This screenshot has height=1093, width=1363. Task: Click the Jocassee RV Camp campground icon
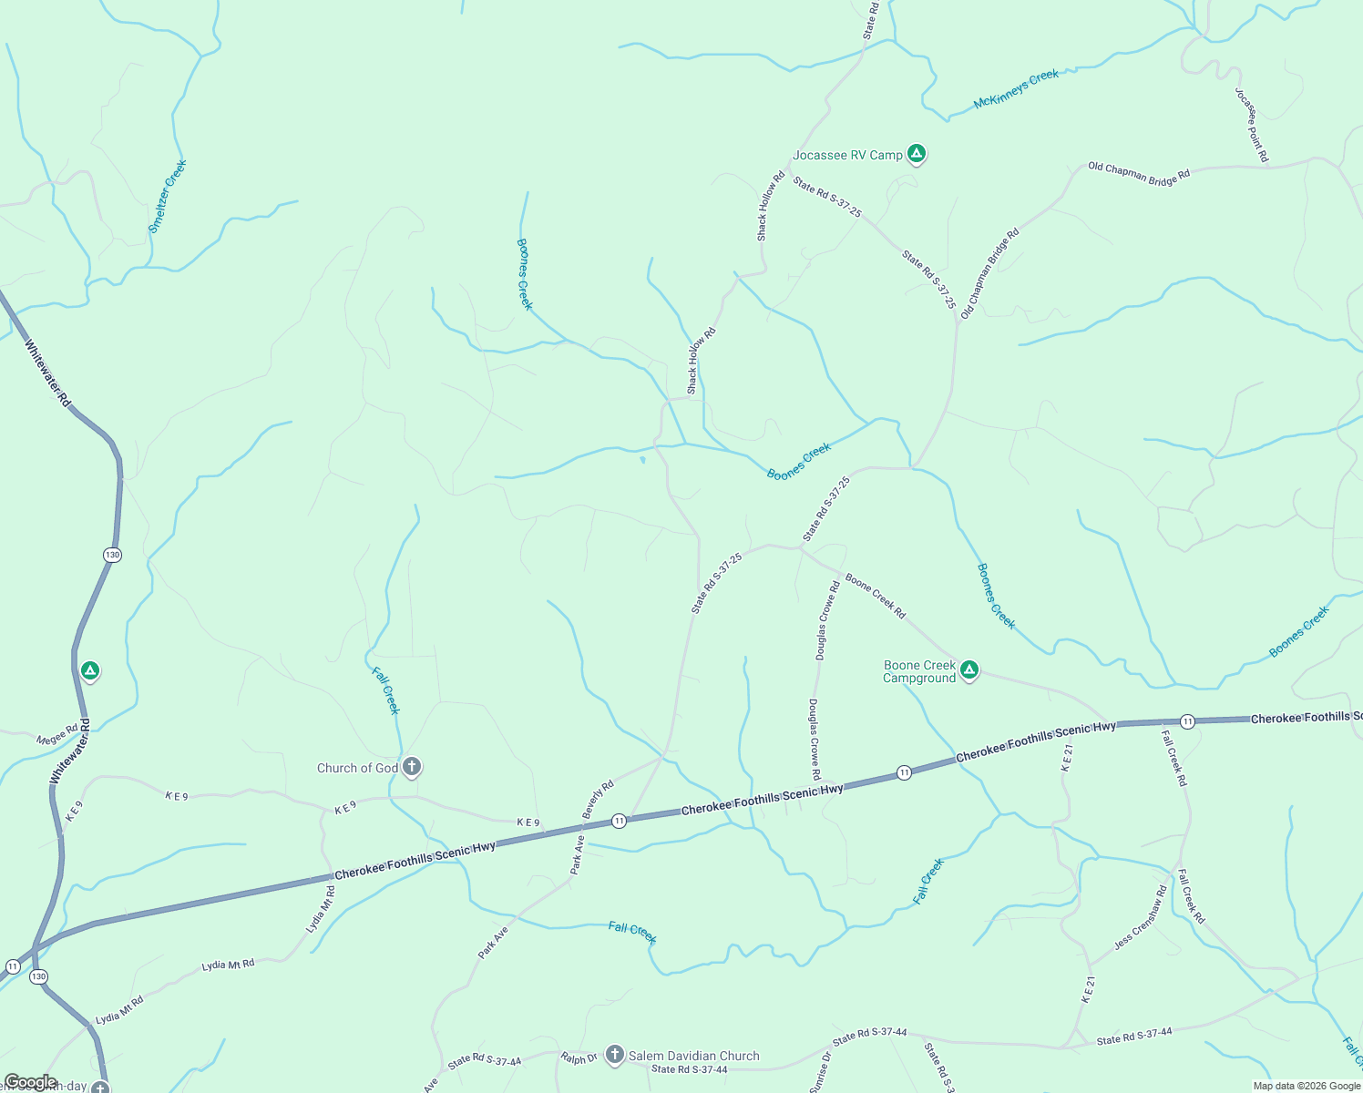coord(917,154)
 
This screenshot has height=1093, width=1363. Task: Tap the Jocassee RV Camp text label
coord(847,156)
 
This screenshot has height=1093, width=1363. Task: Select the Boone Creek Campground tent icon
coord(969,671)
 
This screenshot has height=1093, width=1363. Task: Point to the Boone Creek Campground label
coord(919,672)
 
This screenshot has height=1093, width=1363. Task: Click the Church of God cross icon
coord(411,767)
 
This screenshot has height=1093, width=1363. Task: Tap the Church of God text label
coord(357,768)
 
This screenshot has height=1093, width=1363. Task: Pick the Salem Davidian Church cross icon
coord(614,1055)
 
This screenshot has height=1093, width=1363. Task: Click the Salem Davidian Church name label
coord(693,1056)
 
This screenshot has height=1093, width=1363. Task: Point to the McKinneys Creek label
coord(1016,89)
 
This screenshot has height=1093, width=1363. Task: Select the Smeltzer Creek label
coord(168,197)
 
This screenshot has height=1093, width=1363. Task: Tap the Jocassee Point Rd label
coord(1251,126)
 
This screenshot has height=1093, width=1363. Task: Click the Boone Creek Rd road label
coord(875,596)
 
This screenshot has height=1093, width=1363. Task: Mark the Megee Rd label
coord(57,734)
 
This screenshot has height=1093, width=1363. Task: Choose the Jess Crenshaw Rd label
coord(1140,918)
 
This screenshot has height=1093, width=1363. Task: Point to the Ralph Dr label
coord(579,1058)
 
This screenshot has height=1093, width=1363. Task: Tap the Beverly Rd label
coord(598,800)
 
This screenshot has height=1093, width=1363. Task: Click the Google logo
coord(30,1082)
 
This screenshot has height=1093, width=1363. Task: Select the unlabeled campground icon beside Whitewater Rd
coord(89,672)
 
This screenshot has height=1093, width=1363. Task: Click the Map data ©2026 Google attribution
coord(1307,1086)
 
